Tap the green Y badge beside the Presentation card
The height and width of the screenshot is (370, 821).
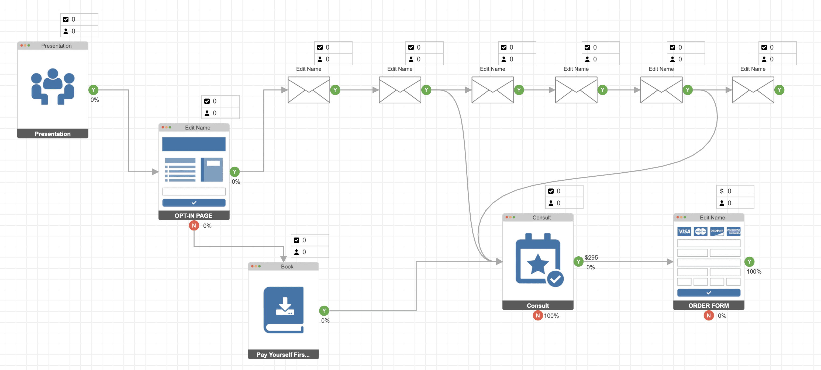(93, 90)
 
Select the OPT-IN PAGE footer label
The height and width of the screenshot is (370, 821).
(194, 216)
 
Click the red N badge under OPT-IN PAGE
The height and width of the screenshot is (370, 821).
(194, 225)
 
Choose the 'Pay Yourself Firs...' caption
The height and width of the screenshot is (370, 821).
(283, 354)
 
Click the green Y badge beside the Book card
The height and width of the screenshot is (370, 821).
(324, 310)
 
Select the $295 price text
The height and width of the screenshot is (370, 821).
(591, 257)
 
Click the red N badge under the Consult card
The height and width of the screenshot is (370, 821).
(538, 315)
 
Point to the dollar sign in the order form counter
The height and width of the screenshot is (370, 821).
(722, 191)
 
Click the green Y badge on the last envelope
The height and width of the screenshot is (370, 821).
(779, 90)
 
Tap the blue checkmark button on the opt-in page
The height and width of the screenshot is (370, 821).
(194, 203)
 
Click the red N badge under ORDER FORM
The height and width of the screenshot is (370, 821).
(709, 315)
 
